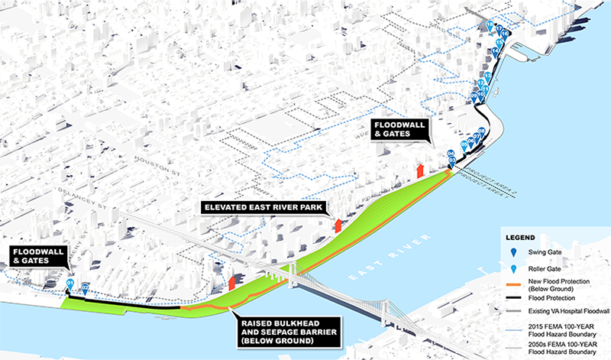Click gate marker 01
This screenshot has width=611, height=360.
tap(70, 284)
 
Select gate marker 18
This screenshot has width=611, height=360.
tap(490, 28)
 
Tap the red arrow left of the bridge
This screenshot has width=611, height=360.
tap(230, 284)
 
